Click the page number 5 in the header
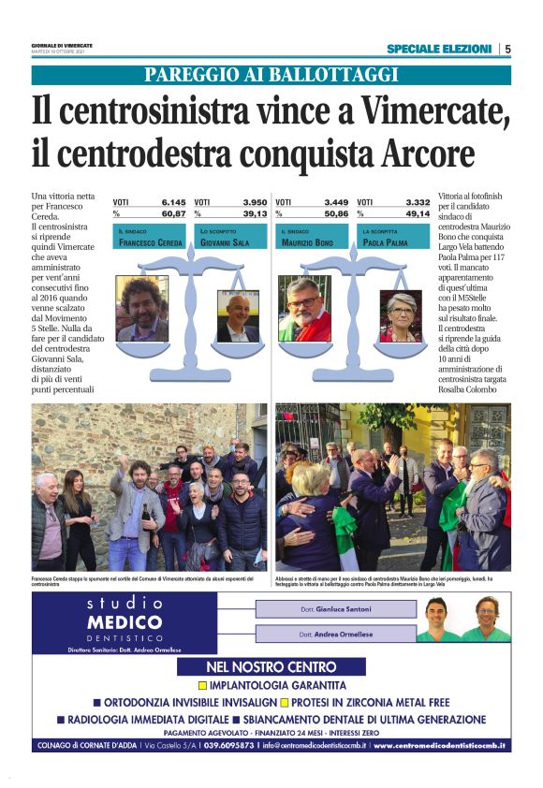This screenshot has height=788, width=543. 506,49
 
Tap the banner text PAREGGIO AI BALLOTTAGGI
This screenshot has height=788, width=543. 271,76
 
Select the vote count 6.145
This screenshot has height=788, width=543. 173,201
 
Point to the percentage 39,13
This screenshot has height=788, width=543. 255,212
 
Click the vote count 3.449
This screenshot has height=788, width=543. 336,201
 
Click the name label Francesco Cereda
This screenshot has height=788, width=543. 151,242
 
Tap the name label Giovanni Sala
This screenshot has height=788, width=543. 225,242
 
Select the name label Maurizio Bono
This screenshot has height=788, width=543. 307,242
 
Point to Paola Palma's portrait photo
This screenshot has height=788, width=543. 400,315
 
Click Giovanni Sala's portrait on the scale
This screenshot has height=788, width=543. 237,317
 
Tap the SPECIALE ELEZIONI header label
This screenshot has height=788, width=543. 438,49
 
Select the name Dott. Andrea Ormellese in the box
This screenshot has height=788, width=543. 335,635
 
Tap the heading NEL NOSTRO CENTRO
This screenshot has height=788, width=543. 271,667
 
